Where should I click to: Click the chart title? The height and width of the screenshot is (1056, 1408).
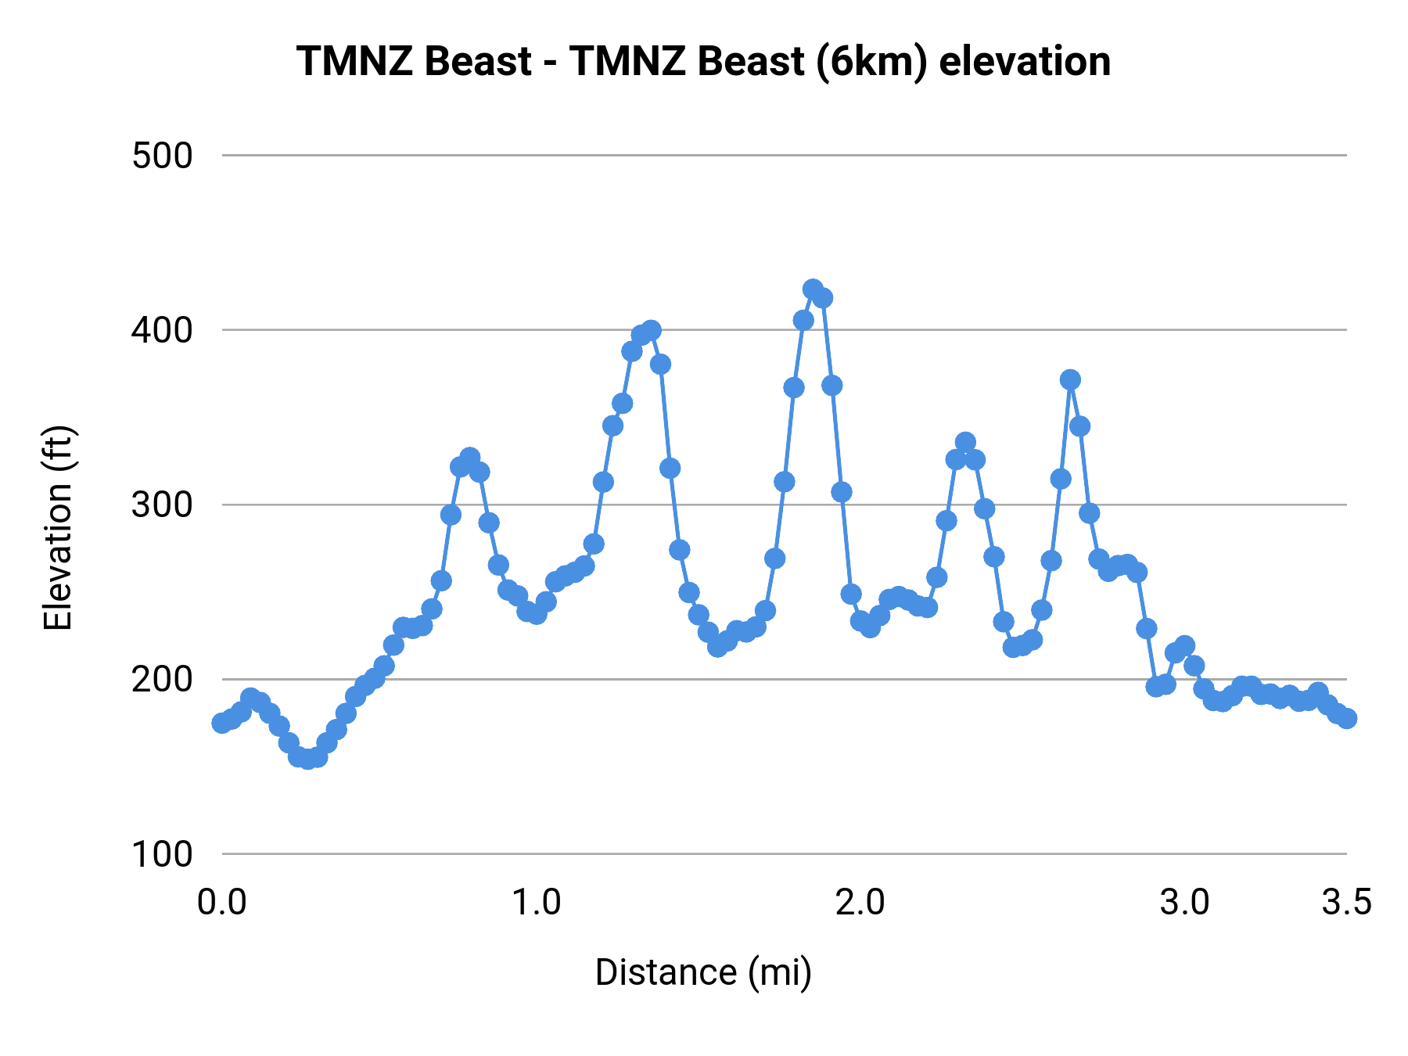[x=703, y=61]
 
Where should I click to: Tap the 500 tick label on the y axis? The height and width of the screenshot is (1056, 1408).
[x=162, y=156]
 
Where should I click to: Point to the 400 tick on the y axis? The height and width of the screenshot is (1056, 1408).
[x=162, y=330]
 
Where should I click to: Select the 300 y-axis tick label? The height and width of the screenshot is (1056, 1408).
[x=162, y=505]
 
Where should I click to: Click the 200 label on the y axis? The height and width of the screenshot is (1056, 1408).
[x=162, y=679]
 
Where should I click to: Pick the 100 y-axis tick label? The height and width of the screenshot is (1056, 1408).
[x=162, y=853]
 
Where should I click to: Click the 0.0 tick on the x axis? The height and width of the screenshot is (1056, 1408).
[x=222, y=903]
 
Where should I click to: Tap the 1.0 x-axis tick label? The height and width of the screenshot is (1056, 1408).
[x=537, y=903]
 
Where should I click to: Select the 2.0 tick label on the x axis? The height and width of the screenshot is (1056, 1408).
[x=860, y=903]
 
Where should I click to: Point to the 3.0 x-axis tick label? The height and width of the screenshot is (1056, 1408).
[x=1184, y=903]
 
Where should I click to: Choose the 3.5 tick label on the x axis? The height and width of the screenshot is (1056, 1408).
[x=1346, y=903]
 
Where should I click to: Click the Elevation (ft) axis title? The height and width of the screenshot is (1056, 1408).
[x=58, y=528]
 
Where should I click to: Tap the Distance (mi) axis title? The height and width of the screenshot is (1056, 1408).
[x=703, y=972]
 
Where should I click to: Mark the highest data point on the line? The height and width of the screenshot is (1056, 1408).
[x=813, y=289]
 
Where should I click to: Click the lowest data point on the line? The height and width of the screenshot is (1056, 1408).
[x=308, y=759]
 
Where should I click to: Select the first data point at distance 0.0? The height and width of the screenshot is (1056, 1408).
[x=222, y=723]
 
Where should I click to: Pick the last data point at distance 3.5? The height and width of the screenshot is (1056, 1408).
[x=1346, y=718]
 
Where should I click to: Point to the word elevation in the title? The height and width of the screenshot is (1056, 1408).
[x=1025, y=61]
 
